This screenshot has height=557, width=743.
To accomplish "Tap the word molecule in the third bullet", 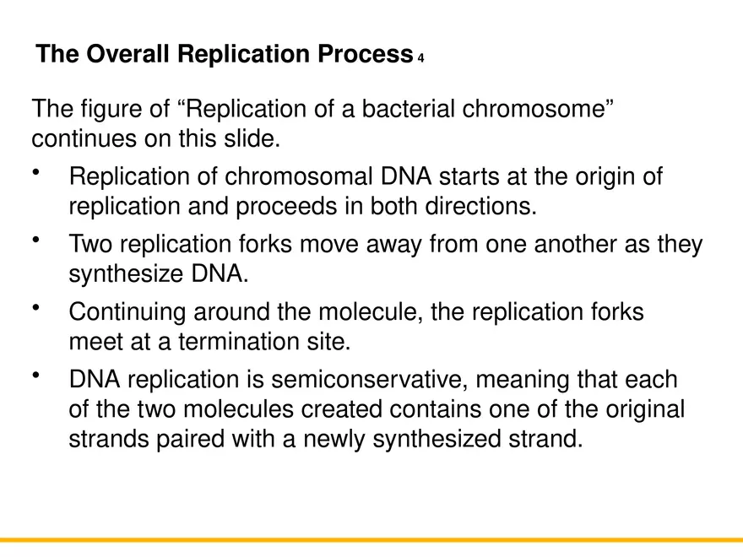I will tap(369, 312).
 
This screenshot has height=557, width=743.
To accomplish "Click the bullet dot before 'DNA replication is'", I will tap(36, 376).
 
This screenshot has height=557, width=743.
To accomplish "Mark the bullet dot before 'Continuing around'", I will tap(36, 308).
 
